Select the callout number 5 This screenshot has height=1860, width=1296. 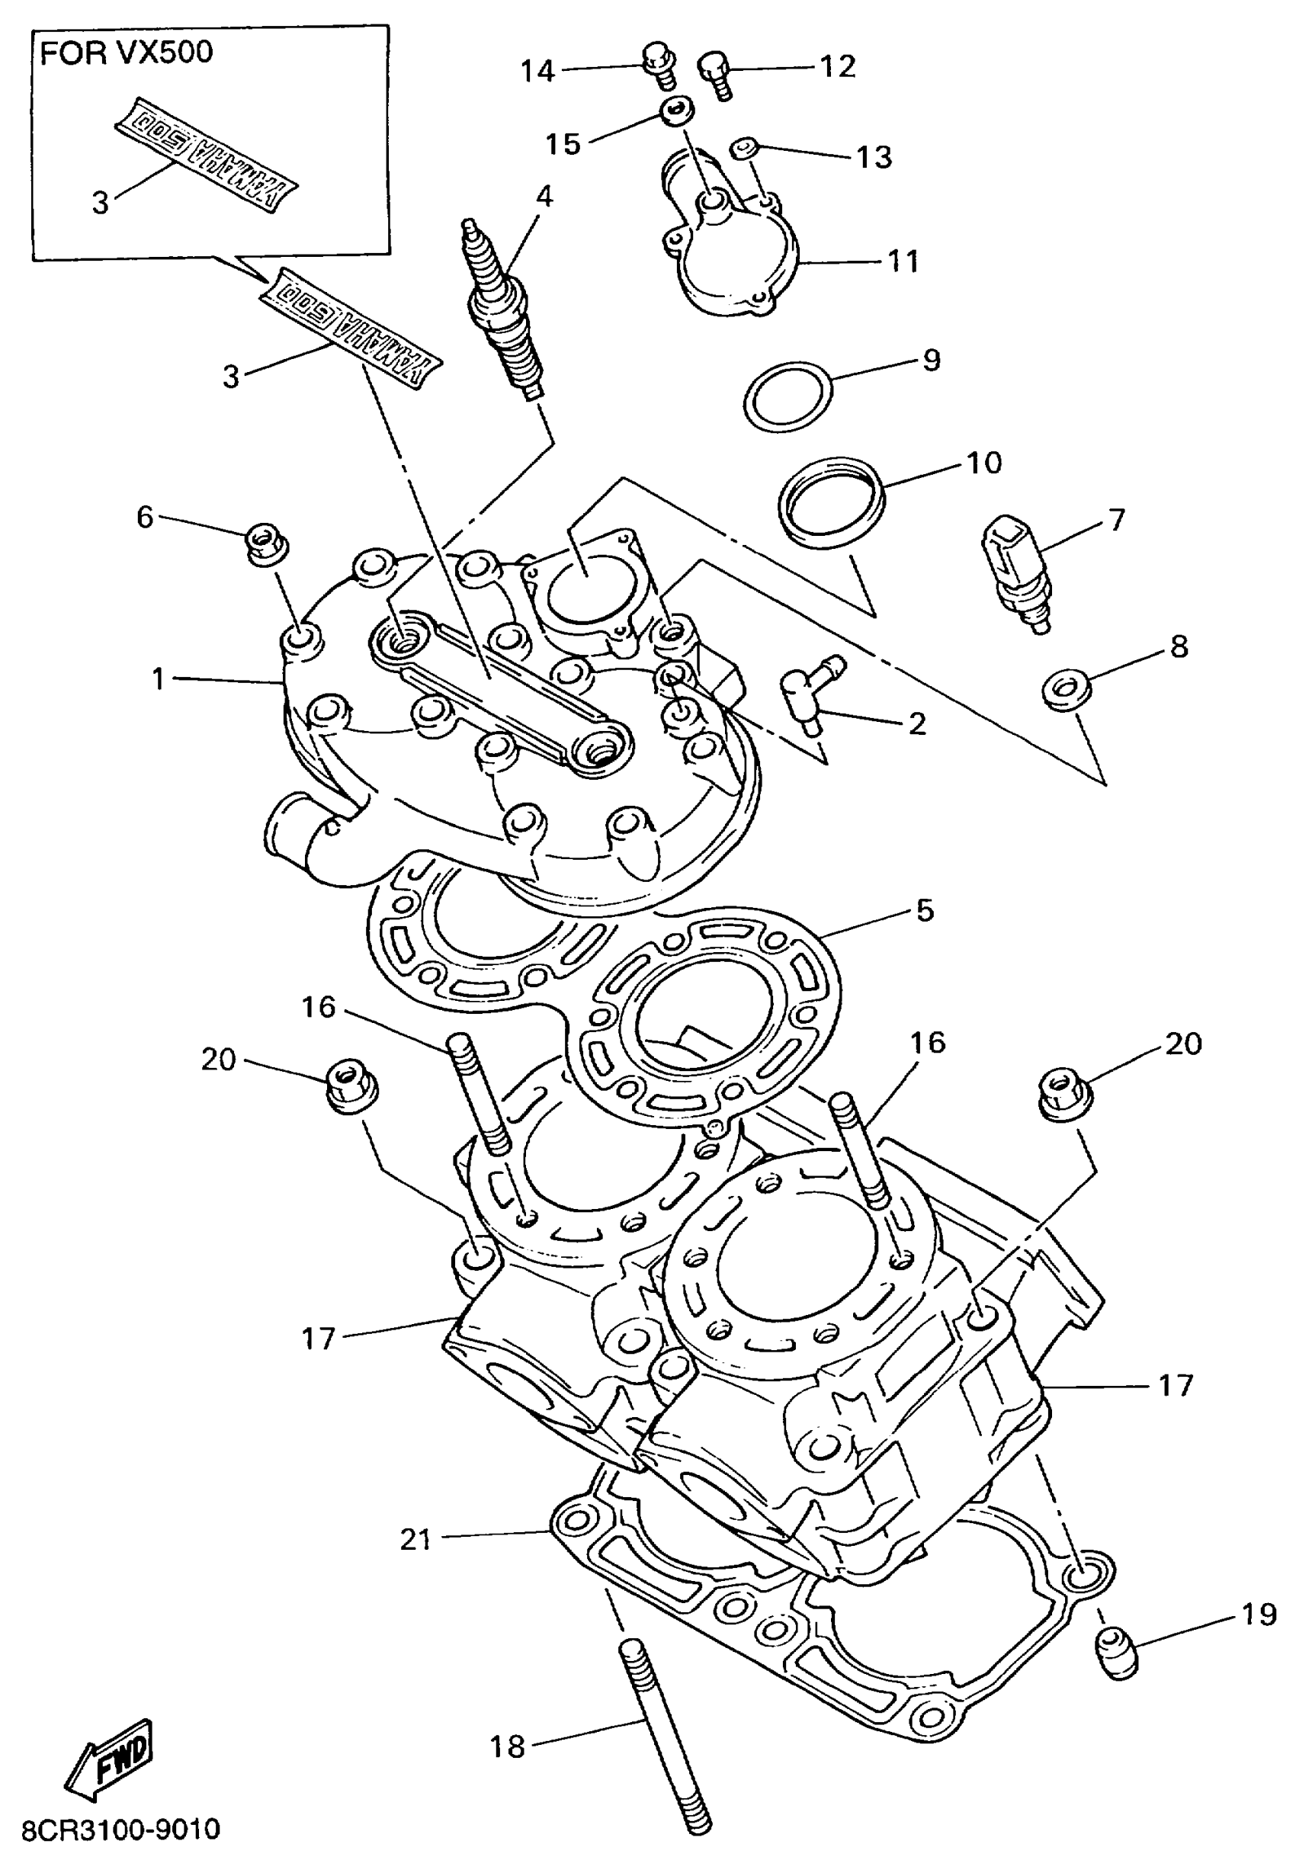click(x=925, y=912)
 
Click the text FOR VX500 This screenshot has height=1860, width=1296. click(x=127, y=53)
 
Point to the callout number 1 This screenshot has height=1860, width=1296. click(x=158, y=679)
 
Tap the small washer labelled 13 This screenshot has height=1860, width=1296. click(x=742, y=147)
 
